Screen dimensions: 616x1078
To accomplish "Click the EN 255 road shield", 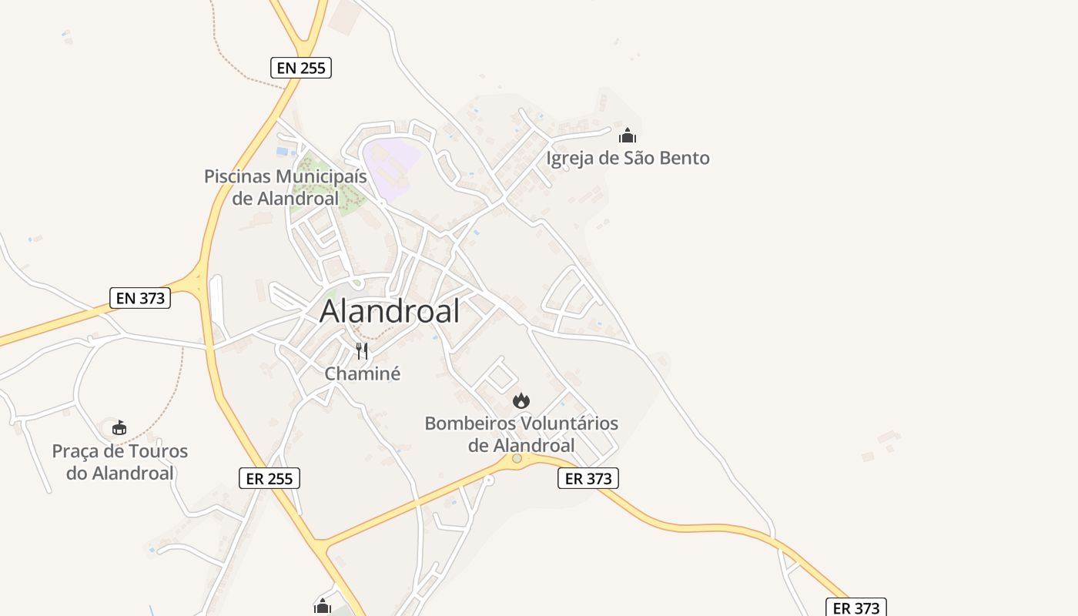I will (x=301, y=68).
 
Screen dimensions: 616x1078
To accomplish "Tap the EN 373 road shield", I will (x=140, y=298).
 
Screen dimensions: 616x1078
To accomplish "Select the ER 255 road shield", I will (x=269, y=478).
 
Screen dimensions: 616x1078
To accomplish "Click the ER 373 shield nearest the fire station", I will (x=588, y=478).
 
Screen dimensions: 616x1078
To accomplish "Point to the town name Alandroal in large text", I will (x=390, y=311).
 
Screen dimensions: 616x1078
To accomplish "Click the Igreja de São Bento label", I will (x=628, y=159).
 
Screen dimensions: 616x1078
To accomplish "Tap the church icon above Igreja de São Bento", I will (x=628, y=136).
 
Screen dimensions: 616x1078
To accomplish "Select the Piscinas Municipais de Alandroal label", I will (x=285, y=187).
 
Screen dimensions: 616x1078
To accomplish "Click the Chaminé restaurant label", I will (x=363, y=374).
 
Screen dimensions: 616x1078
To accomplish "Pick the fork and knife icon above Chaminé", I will (x=362, y=351).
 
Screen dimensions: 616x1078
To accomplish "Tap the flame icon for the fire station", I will (x=521, y=400).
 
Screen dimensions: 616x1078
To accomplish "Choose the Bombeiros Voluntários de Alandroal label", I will (x=521, y=434).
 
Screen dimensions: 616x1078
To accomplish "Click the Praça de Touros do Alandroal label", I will (x=119, y=462).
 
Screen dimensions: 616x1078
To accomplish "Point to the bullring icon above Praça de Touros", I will (x=119, y=428).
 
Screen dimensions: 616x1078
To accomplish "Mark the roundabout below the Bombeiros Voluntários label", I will (x=517, y=459).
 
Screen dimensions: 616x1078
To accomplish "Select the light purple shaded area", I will (x=389, y=162).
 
